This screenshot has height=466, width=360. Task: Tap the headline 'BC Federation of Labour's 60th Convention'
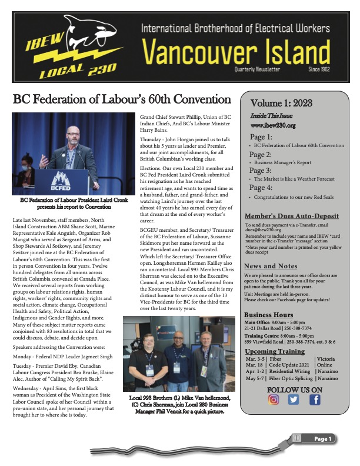click(121, 98)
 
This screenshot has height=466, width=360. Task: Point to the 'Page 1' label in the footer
click(322, 439)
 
